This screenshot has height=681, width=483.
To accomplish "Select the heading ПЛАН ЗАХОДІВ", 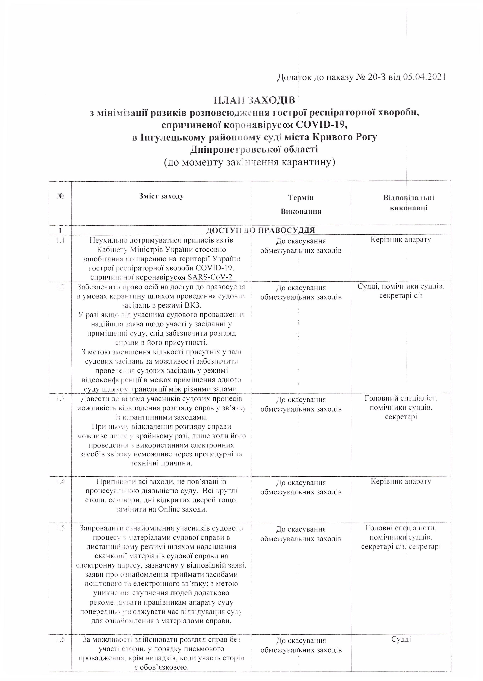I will coord(254,100).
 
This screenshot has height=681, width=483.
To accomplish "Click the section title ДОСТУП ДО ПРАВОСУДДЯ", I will coord(261,230).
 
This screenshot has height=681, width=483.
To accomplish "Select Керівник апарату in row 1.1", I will coord(401,240).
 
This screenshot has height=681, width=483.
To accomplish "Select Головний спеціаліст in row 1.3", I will coord(401,398).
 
